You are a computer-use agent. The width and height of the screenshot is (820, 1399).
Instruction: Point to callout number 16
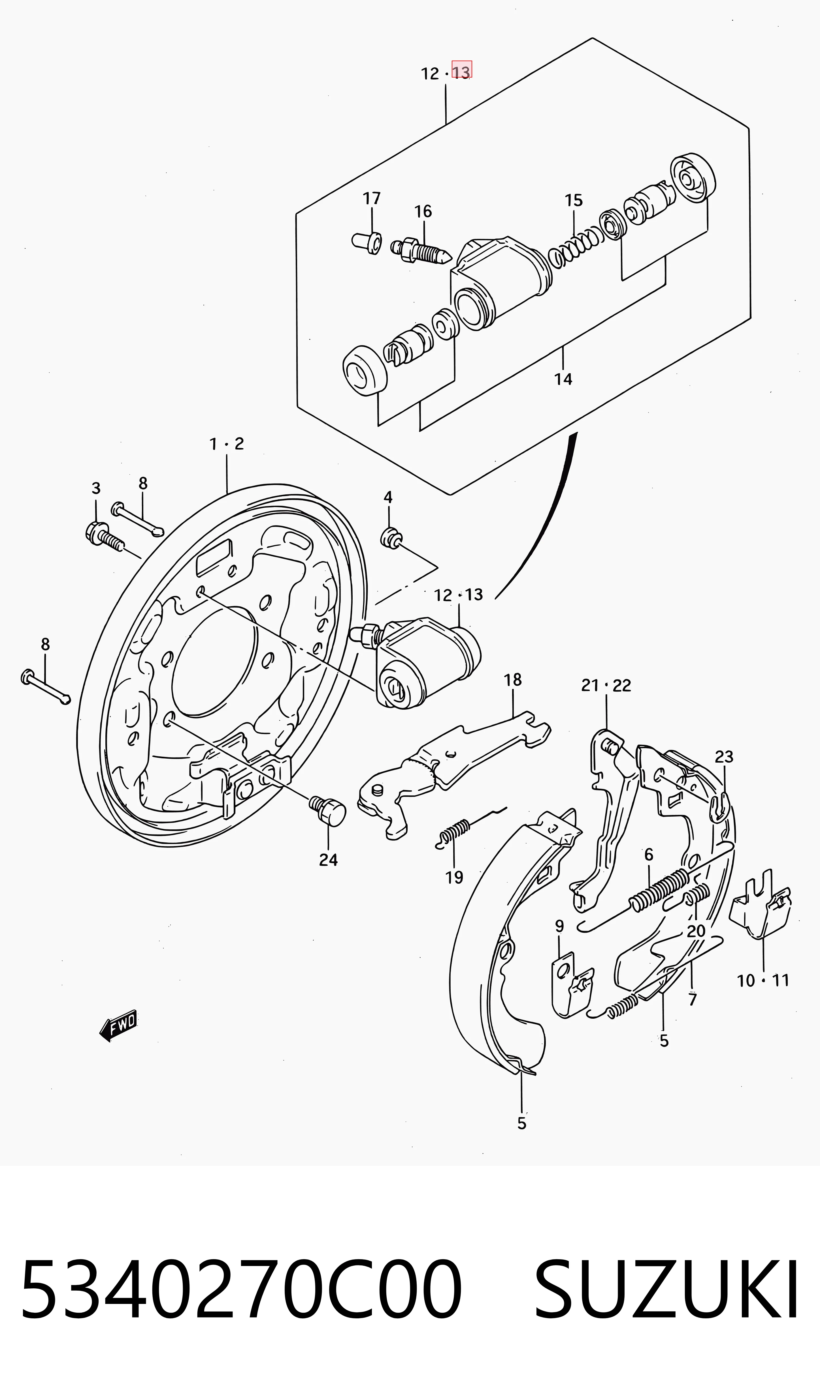pyautogui.click(x=423, y=211)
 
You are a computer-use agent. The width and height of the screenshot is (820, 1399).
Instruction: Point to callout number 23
pyautogui.click(x=724, y=757)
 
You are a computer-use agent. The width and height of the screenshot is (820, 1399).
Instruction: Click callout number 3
pyautogui.click(x=96, y=488)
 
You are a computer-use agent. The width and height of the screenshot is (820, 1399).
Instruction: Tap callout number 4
pyautogui.click(x=388, y=497)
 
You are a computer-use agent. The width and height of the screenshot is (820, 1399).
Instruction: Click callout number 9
pyautogui.click(x=559, y=926)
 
